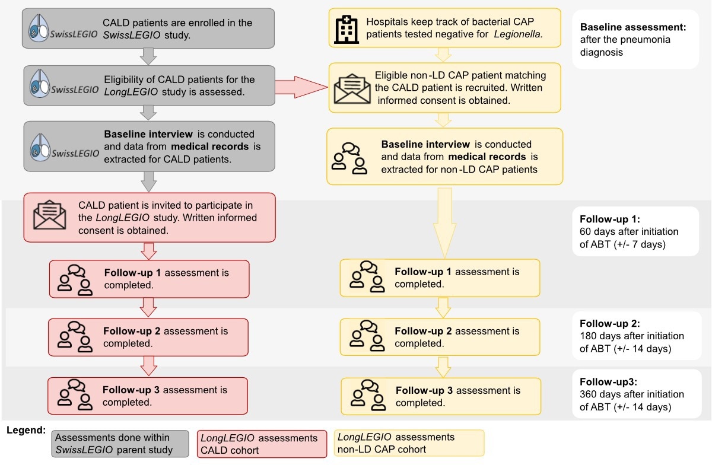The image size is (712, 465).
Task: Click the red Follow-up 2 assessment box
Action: click(148, 337)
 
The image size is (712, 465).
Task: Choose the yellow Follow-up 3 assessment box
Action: click(440, 396)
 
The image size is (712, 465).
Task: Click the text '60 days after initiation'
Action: click(628, 231)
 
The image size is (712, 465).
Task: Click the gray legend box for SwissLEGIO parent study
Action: click(120, 444)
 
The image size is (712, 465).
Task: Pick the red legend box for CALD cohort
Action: click(261, 444)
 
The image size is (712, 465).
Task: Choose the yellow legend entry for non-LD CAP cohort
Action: click(409, 443)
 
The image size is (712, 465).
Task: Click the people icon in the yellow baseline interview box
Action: click(349, 158)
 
